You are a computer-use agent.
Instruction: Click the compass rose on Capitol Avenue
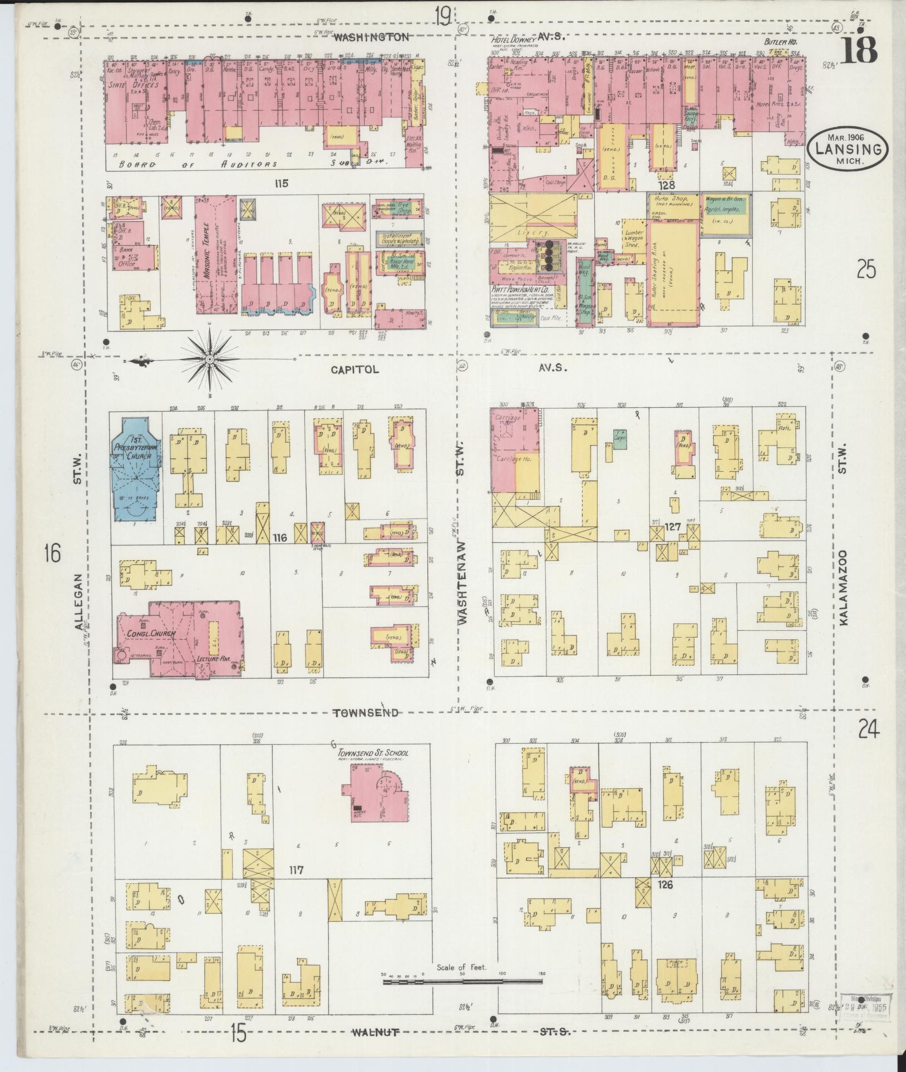pyautogui.click(x=210, y=360)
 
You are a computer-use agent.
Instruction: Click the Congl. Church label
pyautogui.click(x=151, y=634)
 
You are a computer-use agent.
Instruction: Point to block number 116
pyautogui.click(x=279, y=537)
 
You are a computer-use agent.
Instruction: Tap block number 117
pyautogui.click(x=296, y=869)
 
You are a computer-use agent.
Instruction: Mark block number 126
pyautogui.click(x=665, y=883)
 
